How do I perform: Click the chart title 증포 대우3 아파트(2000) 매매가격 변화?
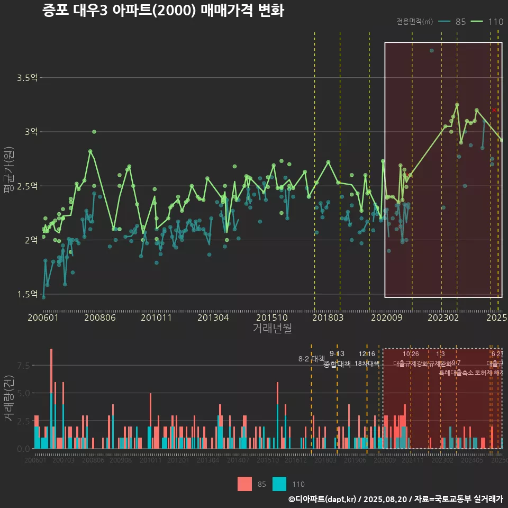click(163, 11)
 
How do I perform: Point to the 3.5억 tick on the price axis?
click(27, 78)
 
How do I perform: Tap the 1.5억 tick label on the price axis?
click(27, 294)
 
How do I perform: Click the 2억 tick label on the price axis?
click(31, 240)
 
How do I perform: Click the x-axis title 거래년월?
click(272, 329)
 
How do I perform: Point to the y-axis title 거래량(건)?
click(8, 398)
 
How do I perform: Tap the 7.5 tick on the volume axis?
click(24, 366)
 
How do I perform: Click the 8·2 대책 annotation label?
click(311, 359)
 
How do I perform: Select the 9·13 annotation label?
click(337, 353)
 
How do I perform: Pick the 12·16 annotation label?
click(367, 354)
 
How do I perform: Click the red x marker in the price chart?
click(494, 110)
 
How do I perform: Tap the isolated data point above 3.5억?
click(431, 50)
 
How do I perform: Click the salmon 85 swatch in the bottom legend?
click(244, 484)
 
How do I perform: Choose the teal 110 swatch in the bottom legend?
click(279, 484)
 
